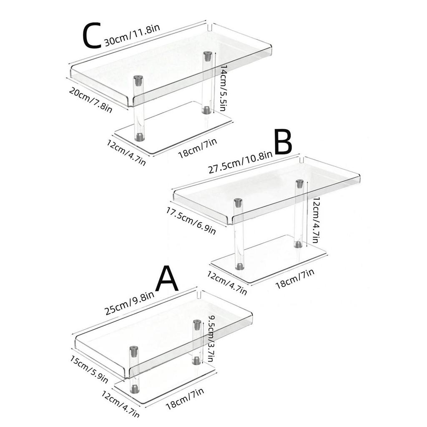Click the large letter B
click(283, 143)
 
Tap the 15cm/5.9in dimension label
click(88, 369)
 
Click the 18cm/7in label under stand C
click(197, 149)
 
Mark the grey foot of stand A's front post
click(135, 389)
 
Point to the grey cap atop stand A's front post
click(133, 350)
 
